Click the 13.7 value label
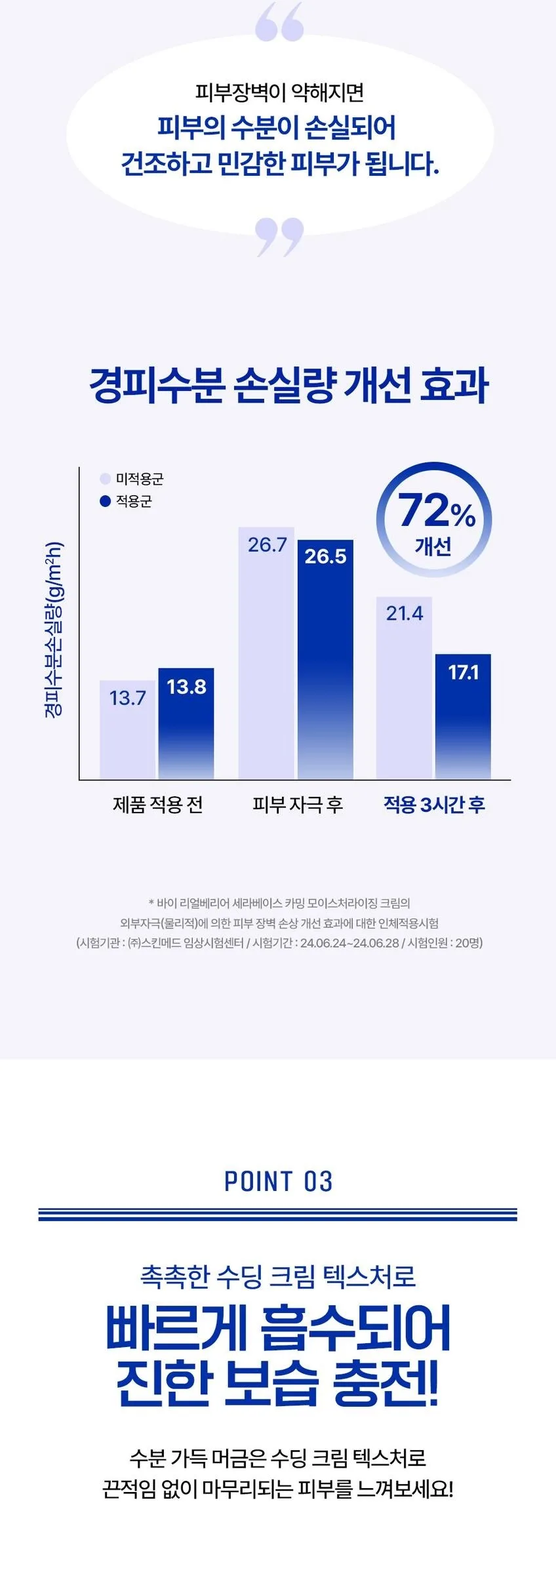127,698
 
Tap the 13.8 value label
186,687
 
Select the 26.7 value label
267,545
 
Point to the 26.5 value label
325,556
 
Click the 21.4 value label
405,613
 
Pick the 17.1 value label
464,672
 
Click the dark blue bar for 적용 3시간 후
463,717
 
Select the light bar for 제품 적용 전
127,730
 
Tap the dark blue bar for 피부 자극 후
325,660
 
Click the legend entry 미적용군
132,479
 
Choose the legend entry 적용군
126,501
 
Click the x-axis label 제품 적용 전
158,805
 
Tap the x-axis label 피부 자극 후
298,805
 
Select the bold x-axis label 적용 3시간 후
434,805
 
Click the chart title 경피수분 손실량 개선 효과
289,386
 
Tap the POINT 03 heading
279,1181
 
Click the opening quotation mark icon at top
279,21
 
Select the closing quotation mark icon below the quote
279,237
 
